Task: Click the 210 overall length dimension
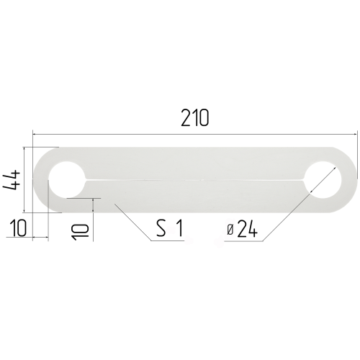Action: point(195,117)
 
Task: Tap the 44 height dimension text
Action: point(12,180)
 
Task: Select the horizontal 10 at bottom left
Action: point(17,228)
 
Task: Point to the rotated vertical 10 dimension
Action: point(81,232)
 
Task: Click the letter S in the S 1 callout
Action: point(161,228)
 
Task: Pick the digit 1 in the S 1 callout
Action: point(179,228)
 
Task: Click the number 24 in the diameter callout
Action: point(247,229)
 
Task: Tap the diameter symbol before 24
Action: point(230,230)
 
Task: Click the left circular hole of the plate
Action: point(66,180)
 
